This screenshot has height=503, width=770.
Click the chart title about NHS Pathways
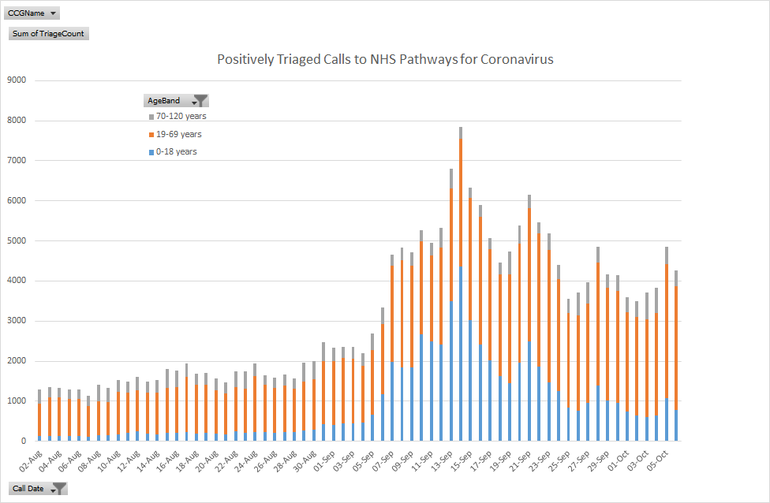pos(385,60)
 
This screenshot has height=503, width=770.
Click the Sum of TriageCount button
pos(48,34)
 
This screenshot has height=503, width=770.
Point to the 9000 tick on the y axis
pos(17,80)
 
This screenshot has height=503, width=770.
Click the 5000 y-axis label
pos(17,240)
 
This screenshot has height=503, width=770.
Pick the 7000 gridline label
pos(17,160)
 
